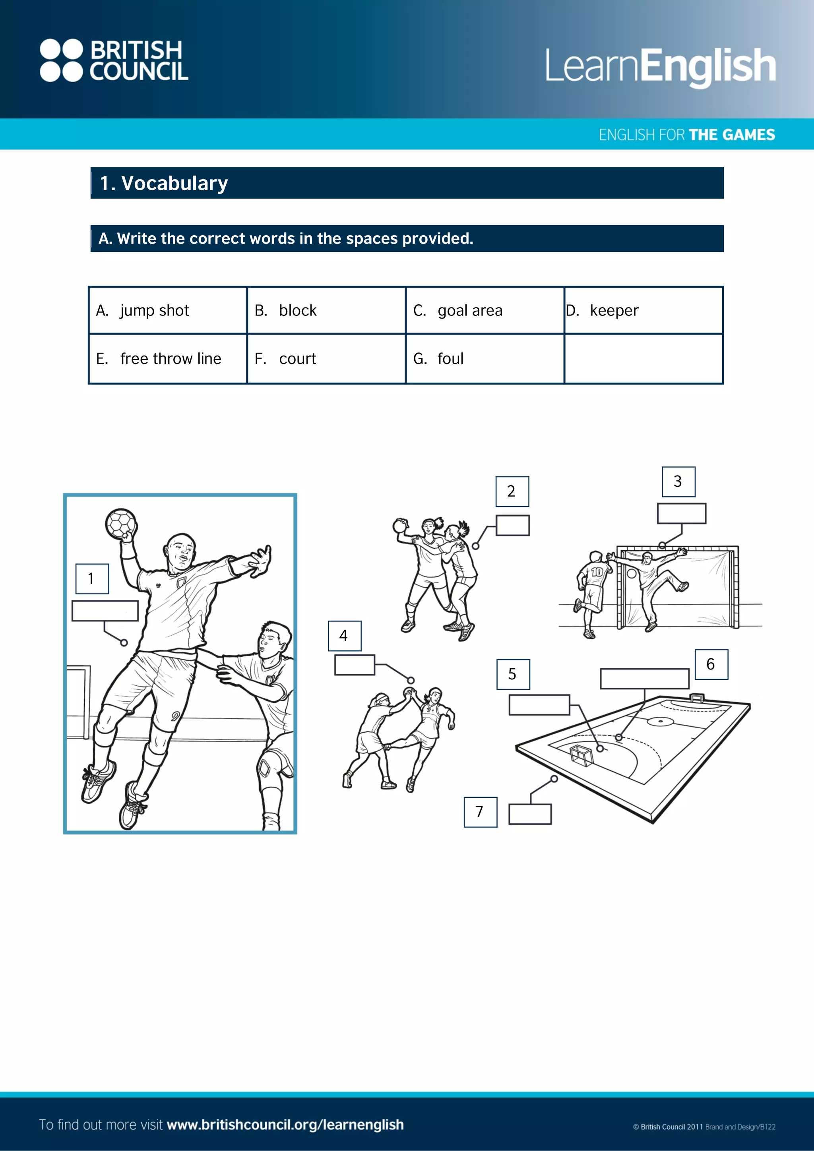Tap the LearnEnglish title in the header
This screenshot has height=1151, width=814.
[x=660, y=66]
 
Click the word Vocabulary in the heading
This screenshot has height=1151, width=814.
[x=174, y=184]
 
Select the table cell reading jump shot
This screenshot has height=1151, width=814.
[x=167, y=310]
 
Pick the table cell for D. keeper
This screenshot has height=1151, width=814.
[x=643, y=310]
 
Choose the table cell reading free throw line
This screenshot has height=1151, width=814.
[x=167, y=359]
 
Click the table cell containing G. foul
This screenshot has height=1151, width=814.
[x=485, y=359]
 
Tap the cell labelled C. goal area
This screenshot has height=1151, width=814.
[x=485, y=310]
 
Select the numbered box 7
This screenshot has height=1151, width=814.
[x=480, y=812]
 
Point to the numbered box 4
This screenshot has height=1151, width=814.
[x=344, y=636]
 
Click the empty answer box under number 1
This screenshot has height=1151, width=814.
[x=105, y=611]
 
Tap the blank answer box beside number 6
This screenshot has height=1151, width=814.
[x=644, y=678]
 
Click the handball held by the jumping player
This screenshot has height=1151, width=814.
[x=121, y=524]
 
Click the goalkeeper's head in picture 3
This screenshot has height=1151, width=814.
[x=647, y=557]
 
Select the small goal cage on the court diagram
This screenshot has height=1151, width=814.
[x=581, y=754]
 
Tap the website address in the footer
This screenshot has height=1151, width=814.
[x=285, y=1124]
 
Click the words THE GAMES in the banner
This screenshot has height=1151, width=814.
[x=732, y=135]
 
